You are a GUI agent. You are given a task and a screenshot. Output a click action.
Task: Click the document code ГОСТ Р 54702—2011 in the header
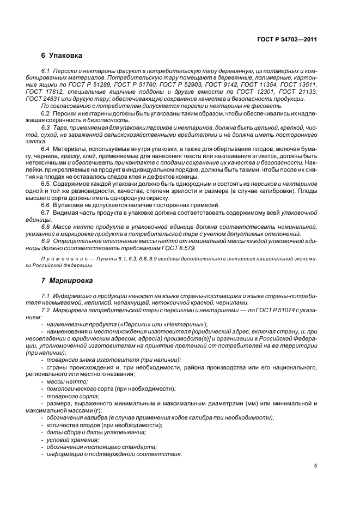point(287,39)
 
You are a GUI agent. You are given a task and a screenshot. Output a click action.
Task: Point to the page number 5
point(315,466)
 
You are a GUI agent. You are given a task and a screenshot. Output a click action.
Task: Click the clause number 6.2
point(46,113)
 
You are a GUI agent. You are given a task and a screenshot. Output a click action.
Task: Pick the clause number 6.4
point(46,148)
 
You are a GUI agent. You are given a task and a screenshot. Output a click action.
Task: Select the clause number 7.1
point(46,295)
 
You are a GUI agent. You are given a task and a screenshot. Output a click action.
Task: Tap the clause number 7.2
point(46,309)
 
